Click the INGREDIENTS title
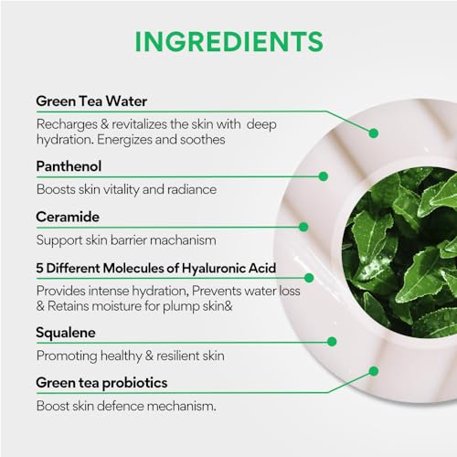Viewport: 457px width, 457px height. pyautogui.click(x=228, y=41)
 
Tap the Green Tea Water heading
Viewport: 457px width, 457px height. pyautogui.click(x=91, y=101)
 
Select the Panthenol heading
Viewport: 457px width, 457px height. pyautogui.click(x=69, y=166)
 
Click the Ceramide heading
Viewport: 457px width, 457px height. pyautogui.click(x=68, y=217)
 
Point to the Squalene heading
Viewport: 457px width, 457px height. pyautogui.click(x=66, y=333)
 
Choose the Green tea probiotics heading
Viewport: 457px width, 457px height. pyautogui.click(x=101, y=383)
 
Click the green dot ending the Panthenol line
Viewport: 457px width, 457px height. pyautogui.click(x=324, y=176)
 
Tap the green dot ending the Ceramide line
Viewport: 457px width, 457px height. pyautogui.click(x=303, y=227)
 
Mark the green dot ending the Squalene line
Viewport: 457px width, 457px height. pyautogui.click(x=332, y=342)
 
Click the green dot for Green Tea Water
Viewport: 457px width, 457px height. pyautogui.click(x=374, y=133)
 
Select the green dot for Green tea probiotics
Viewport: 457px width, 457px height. pyautogui.click(x=374, y=371)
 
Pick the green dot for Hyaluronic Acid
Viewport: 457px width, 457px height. pyautogui.click(x=309, y=278)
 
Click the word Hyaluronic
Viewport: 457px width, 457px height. pyautogui.click(x=213, y=269)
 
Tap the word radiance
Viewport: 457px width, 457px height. pyautogui.click(x=192, y=189)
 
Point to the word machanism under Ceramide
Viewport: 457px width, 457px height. pyautogui.click(x=183, y=240)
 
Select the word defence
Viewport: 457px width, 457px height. pyautogui.click(x=122, y=406)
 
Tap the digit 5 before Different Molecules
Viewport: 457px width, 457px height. pyautogui.click(x=39, y=269)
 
